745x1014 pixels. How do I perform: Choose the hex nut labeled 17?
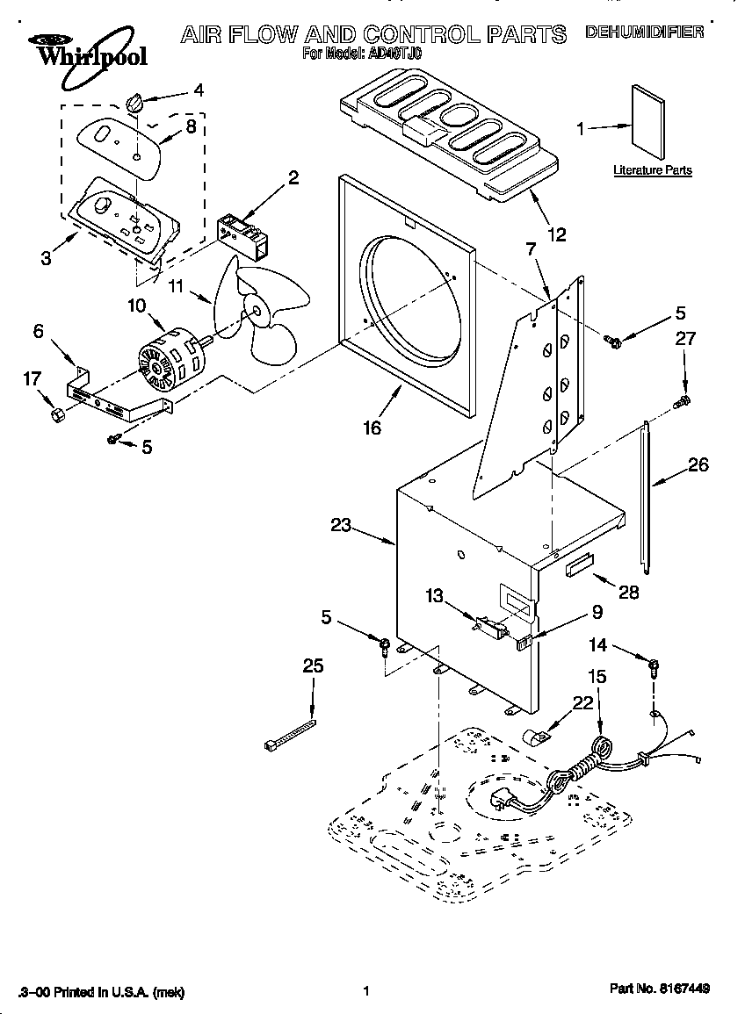point(54,413)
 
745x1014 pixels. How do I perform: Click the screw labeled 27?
point(681,402)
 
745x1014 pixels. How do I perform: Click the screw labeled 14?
point(654,666)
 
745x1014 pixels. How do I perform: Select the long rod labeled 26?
point(647,497)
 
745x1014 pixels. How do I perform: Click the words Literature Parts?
point(652,170)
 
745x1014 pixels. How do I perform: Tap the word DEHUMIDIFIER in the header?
point(644,32)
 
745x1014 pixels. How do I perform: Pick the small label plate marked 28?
point(580,565)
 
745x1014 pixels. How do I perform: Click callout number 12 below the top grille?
point(556,234)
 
